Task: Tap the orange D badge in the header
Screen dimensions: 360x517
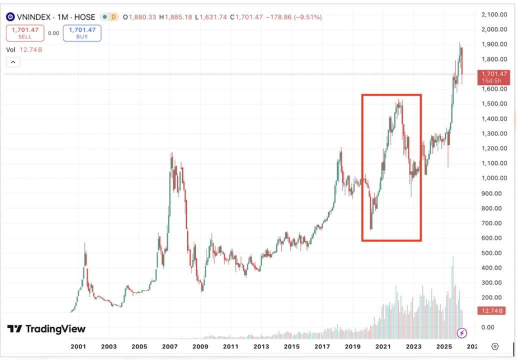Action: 113,17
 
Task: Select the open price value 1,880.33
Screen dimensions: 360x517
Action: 142,17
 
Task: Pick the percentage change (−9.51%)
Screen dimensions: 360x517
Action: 306,17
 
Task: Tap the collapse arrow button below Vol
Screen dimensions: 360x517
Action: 13,62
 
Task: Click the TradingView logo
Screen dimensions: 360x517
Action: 46,328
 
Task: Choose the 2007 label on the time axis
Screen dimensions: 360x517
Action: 170,346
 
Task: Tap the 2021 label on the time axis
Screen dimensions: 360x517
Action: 383,346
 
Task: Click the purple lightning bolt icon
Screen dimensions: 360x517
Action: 462,332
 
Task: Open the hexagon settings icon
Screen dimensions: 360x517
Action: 494,346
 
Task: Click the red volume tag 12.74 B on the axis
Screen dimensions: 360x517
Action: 494,311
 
